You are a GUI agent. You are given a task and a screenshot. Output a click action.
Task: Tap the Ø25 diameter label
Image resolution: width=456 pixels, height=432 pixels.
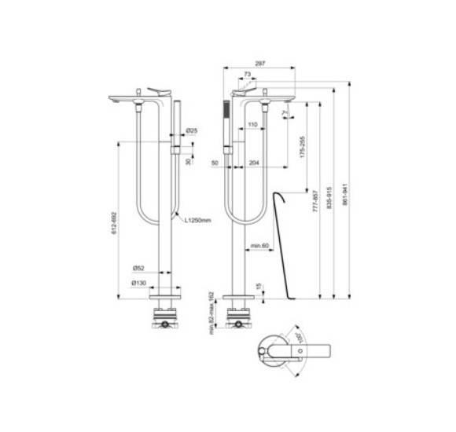(x=190, y=130)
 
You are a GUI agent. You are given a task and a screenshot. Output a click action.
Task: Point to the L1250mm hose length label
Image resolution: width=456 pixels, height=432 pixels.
(x=198, y=221)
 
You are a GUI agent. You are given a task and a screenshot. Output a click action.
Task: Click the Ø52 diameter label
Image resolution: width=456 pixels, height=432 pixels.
(x=138, y=268)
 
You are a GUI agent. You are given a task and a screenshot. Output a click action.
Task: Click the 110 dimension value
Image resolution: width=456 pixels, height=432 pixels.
(x=252, y=126)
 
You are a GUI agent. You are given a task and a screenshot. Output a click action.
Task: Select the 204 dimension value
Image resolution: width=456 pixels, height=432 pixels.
(x=253, y=163)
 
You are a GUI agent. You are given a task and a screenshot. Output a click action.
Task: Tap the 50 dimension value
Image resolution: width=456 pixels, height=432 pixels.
(x=215, y=163)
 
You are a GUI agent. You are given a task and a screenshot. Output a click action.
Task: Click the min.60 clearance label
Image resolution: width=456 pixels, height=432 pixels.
(x=260, y=246)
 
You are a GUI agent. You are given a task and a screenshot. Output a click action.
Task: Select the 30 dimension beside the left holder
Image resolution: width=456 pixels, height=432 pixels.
(x=188, y=161)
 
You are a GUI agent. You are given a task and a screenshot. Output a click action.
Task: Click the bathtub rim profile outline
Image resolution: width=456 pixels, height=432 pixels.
(x=282, y=236)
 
